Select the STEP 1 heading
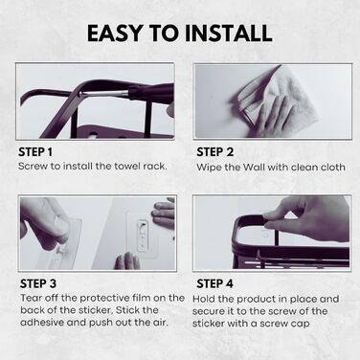[x=35, y=152]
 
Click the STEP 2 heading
[x=215, y=152]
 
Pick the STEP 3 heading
[x=38, y=283]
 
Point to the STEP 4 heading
[x=215, y=283]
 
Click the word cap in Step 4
[x=301, y=324]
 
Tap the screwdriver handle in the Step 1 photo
[x=150, y=91]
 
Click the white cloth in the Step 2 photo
[x=279, y=98]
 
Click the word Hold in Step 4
[x=204, y=300]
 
